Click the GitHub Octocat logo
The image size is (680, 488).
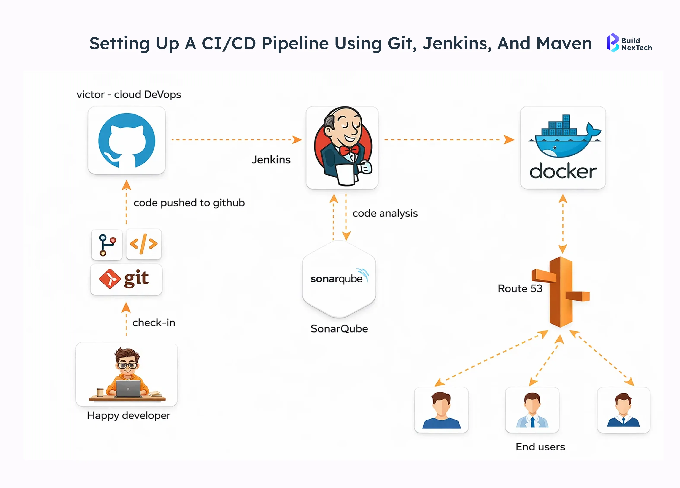[x=127, y=140]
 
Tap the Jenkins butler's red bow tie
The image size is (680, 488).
[x=349, y=150]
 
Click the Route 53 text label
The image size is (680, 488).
[x=520, y=288]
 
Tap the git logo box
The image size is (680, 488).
[x=126, y=279]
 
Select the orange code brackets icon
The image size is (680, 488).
[x=144, y=244]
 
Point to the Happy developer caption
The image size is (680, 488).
[x=128, y=415]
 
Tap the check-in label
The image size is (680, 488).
[x=154, y=323]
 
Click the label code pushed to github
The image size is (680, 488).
[x=189, y=203]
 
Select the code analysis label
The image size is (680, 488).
[x=385, y=213]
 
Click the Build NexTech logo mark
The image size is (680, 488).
[x=613, y=43]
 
